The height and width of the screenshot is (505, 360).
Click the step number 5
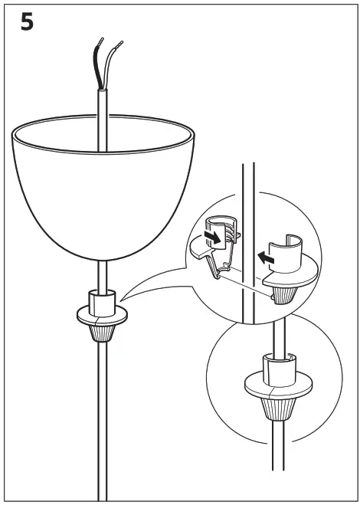[26, 22]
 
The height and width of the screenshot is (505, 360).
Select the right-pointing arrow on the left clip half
[218, 237]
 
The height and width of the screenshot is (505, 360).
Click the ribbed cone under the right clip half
[283, 292]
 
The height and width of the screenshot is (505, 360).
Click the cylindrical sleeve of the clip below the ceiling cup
[100, 300]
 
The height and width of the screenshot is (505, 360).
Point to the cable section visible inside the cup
[100, 134]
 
